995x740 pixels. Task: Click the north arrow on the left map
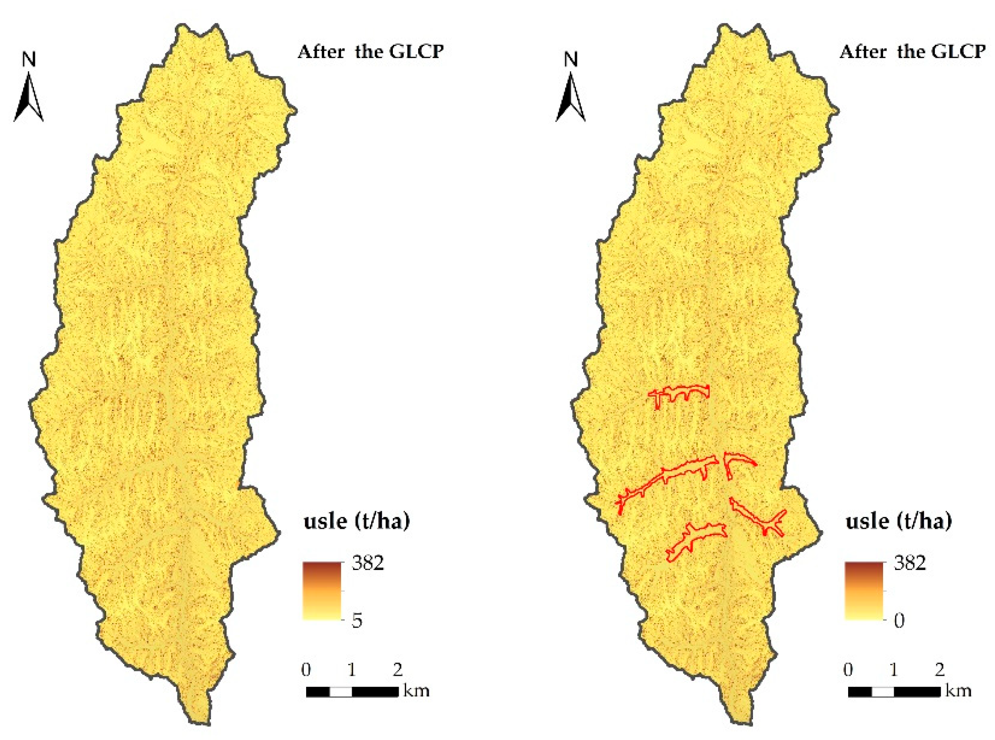[x=29, y=98]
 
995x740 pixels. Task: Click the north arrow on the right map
[x=570, y=98]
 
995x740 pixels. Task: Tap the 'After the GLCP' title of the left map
[x=370, y=52]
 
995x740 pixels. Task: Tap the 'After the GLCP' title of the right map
[x=912, y=52]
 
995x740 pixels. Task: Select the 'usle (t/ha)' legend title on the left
[x=357, y=521]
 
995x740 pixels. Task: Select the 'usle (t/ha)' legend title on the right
[x=898, y=521]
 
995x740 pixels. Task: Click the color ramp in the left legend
[x=322, y=591]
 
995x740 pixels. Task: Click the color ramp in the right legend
[x=864, y=591]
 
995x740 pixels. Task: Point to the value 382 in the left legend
[x=368, y=563]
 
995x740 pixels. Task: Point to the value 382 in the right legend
[x=910, y=563]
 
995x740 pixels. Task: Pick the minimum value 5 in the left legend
[x=357, y=621]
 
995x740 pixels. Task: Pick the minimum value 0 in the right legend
[x=899, y=621]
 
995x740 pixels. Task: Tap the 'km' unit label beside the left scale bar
[x=416, y=691]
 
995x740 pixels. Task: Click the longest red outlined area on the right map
[x=663, y=483]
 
